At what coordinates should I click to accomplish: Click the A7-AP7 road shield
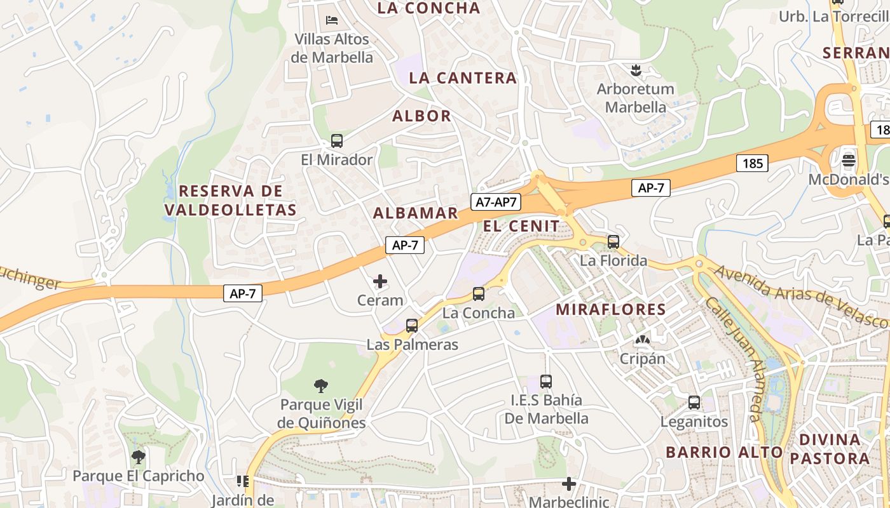click(x=496, y=202)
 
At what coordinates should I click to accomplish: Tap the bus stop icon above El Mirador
click(x=337, y=141)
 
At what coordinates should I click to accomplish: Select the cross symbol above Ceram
click(x=380, y=281)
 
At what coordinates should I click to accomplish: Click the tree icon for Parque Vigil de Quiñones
click(x=321, y=385)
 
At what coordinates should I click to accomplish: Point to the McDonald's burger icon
click(x=849, y=161)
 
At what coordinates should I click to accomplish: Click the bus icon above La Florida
click(x=613, y=241)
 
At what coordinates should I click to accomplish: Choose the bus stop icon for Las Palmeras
click(x=412, y=326)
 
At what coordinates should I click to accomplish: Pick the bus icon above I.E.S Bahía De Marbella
click(x=546, y=382)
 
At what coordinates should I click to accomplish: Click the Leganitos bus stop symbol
click(x=694, y=403)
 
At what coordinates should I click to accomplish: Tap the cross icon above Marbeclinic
click(x=569, y=484)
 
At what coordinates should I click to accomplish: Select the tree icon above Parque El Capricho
click(x=138, y=457)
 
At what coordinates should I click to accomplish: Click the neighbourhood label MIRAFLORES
click(x=611, y=310)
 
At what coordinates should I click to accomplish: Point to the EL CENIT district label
click(x=521, y=226)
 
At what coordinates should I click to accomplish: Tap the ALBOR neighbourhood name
click(x=421, y=116)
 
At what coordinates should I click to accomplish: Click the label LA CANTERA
click(x=463, y=78)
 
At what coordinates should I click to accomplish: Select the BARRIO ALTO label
click(x=724, y=452)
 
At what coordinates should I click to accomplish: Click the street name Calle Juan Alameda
click(x=734, y=359)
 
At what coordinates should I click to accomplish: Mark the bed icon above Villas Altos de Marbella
click(x=332, y=20)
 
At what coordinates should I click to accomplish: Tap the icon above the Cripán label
click(x=643, y=340)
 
